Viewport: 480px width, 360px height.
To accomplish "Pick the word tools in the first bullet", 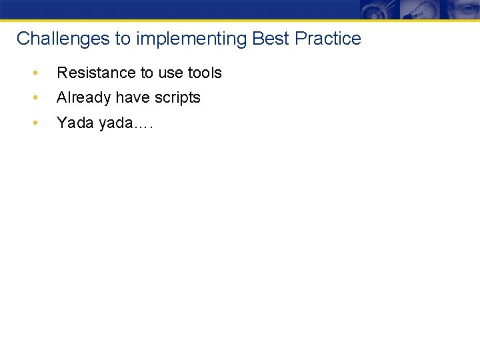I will [205, 73].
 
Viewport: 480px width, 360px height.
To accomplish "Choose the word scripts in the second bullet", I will [178, 97].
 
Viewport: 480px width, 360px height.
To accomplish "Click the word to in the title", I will [123, 39].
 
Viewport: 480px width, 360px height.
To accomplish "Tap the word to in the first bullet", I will [146, 73].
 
